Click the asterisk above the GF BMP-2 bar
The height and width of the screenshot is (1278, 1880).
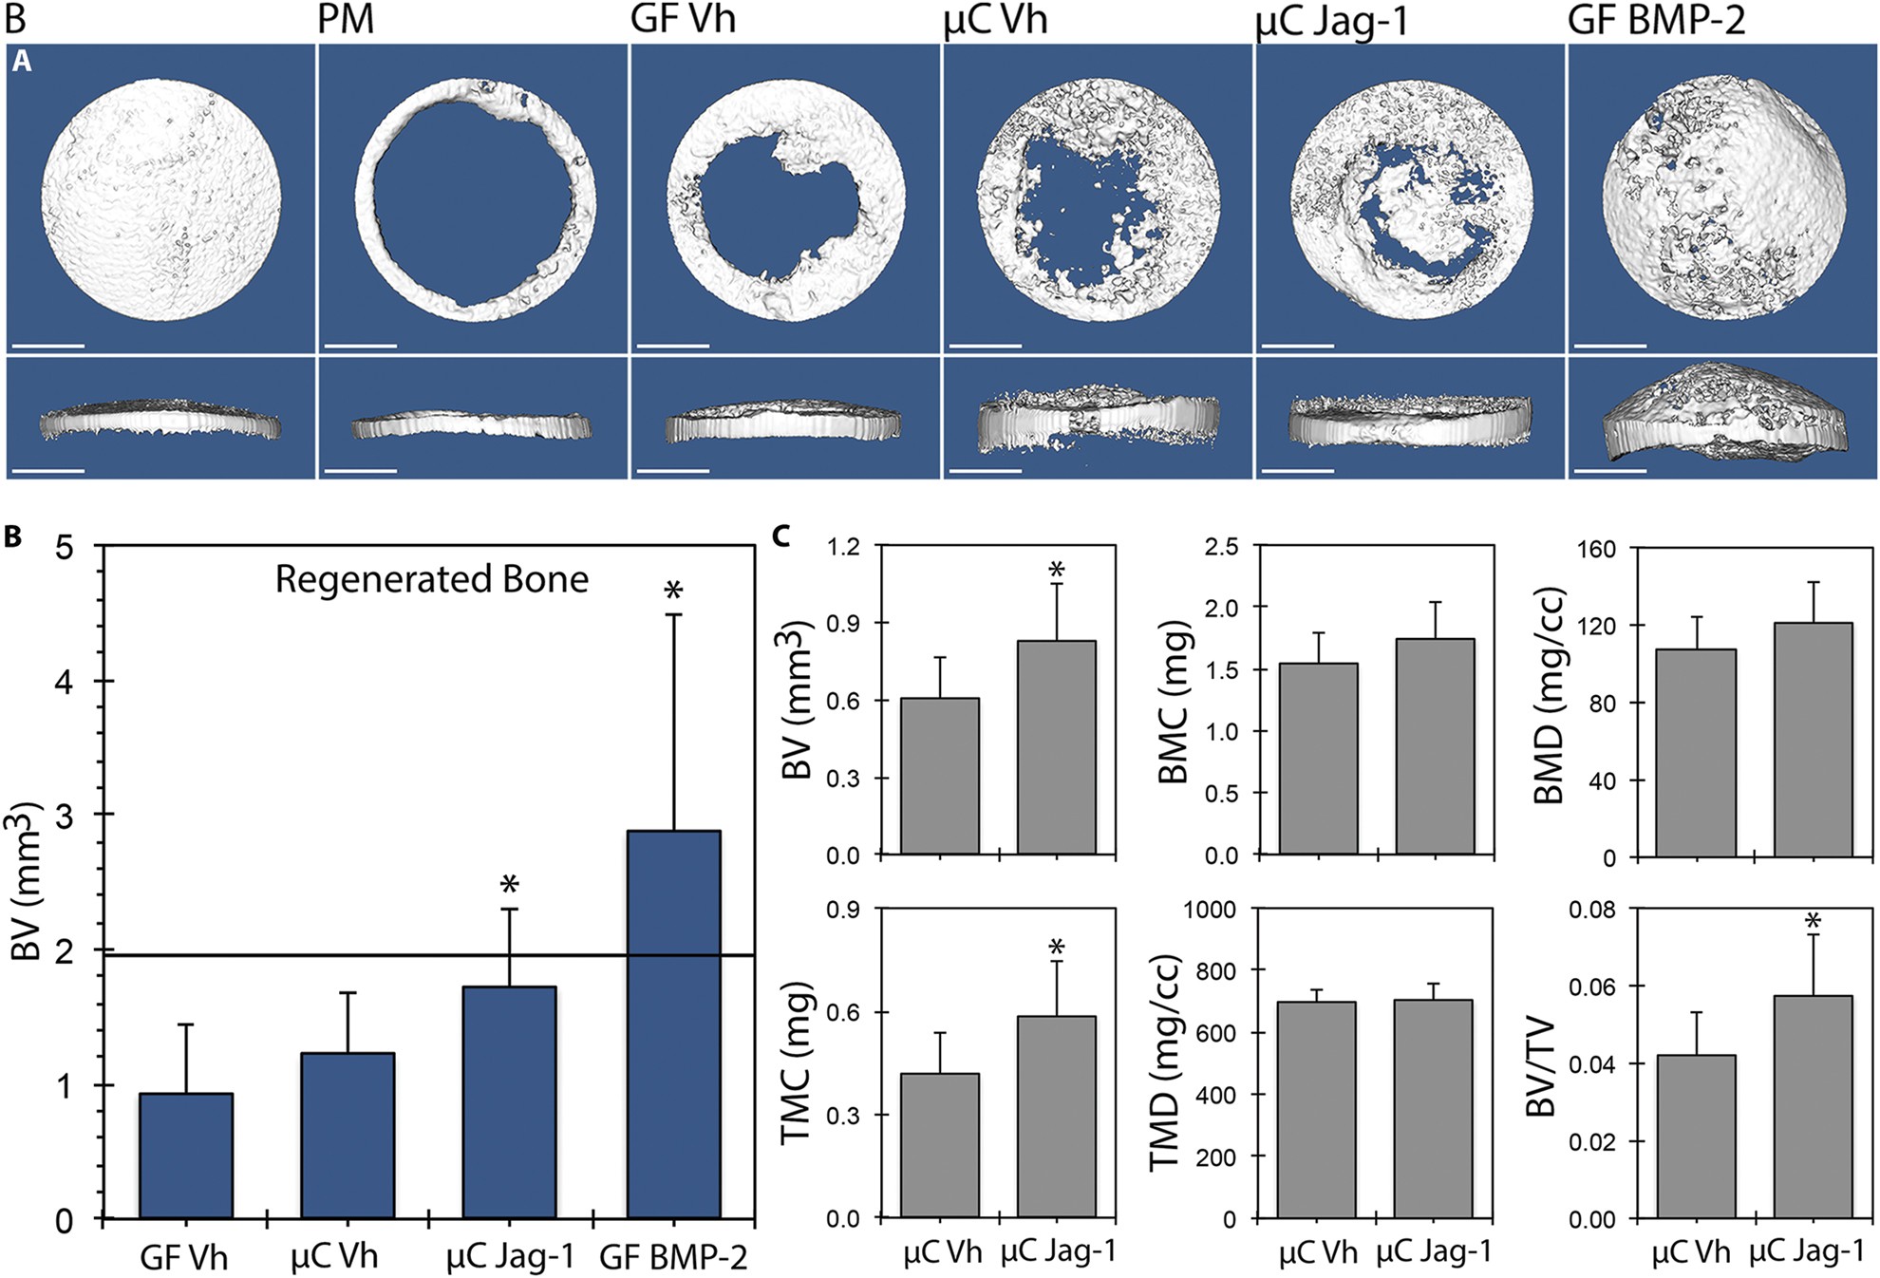click(673, 592)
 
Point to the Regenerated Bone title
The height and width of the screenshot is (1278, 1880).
click(432, 579)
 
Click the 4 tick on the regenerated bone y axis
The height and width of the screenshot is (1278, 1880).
click(64, 681)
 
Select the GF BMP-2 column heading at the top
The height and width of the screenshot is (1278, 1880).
click(1656, 20)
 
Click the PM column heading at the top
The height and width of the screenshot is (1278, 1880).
click(346, 20)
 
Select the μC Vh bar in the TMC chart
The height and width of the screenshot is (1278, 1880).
click(940, 1145)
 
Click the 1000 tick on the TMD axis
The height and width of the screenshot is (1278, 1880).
click(1210, 910)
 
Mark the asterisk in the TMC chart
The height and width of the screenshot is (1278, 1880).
click(1056, 948)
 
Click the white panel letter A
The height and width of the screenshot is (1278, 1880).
click(22, 62)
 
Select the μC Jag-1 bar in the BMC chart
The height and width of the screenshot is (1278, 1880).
click(1435, 746)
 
